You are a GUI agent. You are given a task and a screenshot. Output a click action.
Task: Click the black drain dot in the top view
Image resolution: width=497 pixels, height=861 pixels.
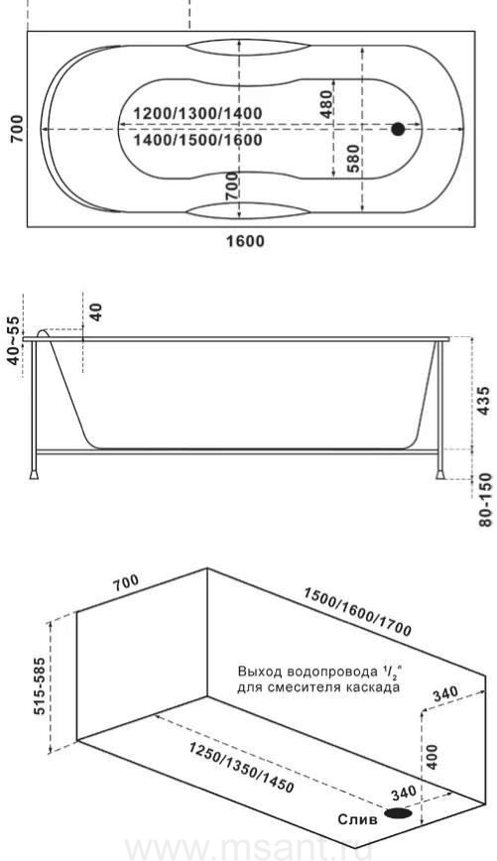click(398, 130)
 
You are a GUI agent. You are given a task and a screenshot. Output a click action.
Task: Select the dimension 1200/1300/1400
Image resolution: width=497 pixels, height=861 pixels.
click(197, 114)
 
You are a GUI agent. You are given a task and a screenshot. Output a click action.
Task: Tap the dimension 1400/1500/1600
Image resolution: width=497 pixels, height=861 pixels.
click(197, 140)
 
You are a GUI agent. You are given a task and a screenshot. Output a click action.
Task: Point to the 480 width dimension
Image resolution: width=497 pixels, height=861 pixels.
click(326, 103)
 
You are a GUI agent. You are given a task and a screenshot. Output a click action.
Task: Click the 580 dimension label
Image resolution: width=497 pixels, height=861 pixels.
click(354, 158)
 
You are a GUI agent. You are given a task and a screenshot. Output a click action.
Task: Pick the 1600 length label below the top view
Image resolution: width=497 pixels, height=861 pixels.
click(245, 240)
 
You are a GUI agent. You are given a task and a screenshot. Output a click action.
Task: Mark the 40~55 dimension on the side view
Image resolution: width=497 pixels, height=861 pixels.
click(12, 340)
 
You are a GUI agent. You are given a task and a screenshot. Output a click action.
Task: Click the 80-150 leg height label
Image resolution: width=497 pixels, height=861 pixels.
click(486, 499)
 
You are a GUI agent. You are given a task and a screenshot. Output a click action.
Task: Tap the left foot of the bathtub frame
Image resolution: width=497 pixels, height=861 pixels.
click(34, 473)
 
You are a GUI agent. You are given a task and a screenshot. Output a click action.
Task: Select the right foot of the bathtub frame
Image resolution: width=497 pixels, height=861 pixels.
click(440, 473)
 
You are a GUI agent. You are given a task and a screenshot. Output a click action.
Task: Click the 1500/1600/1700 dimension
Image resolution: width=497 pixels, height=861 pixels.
click(357, 612)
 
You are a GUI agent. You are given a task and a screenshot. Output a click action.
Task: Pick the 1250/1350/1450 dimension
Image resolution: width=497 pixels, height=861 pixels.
click(242, 768)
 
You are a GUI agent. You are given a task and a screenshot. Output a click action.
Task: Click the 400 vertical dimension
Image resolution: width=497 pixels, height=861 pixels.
click(433, 757)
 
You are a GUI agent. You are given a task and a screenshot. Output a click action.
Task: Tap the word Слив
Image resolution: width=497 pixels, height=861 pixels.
click(357, 819)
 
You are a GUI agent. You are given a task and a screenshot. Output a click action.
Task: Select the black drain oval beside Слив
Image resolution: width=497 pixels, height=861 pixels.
click(399, 813)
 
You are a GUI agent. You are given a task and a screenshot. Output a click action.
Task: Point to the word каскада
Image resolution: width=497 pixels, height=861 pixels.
click(376, 687)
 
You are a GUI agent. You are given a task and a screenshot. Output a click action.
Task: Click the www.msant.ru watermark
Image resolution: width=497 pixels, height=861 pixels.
click(249, 849)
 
